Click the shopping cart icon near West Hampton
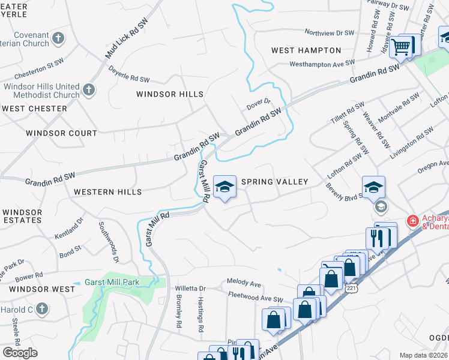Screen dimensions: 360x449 point(401,46)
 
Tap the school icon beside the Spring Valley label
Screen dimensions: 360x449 point(224,187)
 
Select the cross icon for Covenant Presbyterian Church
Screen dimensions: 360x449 point(58,39)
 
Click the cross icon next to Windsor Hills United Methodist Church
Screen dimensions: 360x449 point(88,90)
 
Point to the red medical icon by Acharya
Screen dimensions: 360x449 point(413,221)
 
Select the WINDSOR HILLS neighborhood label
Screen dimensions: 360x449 point(170,94)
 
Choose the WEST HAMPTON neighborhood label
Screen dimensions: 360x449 point(306,50)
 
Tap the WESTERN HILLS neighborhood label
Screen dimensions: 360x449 point(107,192)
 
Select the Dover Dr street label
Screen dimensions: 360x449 point(259,105)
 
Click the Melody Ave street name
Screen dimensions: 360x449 point(244,281)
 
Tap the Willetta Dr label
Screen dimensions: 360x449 point(190,288)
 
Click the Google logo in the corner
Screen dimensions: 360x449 point(19,353)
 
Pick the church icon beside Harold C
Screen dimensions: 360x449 point(41,309)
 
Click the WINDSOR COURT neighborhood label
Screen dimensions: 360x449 point(61,133)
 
